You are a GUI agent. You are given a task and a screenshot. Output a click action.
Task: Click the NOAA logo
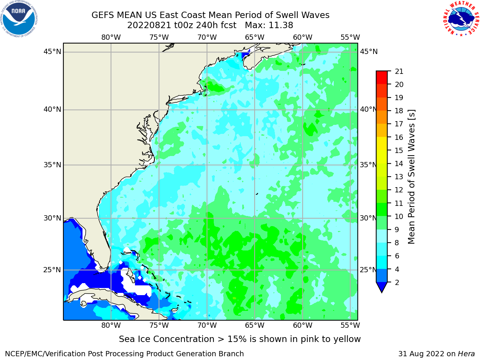pyautogui.click(x=19, y=19)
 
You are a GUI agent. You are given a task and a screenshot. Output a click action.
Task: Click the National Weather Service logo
pyautogui.click(x=461, y=19)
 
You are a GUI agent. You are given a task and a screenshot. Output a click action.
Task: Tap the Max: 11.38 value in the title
pyautogui.click(x=269, y=25)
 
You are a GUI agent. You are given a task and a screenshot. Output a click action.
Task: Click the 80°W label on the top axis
pyautogui.click(x=111, y=37)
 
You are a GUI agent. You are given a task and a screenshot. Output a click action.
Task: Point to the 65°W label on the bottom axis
pyautogui.click(x=255, y=325)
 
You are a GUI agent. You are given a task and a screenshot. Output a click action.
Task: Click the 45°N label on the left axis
pyautogui.click(x=52, y=52)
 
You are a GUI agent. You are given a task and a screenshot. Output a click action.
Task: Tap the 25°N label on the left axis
pyautogui.click(x=52, y=270)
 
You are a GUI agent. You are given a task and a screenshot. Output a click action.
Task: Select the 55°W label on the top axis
pyautogui.click(x=350, y=37)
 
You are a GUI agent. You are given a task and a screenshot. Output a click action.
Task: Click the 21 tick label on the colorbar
pyautogui.click(x=399, y=72)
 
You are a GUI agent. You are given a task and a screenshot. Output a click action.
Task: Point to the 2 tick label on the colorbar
pyautogui.click(x=397, y=282)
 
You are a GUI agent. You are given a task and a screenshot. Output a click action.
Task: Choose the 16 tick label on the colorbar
pyautogui.click(x=399, y=137)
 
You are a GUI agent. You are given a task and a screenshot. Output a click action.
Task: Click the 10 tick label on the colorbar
pyautogui.click(x=399, y=216)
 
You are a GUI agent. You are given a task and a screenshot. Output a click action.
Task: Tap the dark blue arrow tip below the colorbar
pyautogui.click(x=382, y=292)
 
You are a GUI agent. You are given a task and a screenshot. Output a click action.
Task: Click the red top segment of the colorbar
pyautogui.click(x=382, y=78)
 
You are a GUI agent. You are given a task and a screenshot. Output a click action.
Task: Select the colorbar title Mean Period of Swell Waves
pyautogui.click(x=411, y=177)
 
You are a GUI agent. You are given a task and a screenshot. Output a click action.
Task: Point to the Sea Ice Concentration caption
pyautogui.click(x=240, y=339)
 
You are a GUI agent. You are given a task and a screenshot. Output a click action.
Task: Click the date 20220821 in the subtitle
pyautogui.click(x=149, y=25)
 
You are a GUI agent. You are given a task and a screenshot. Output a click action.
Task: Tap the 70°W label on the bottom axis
pyautogui.click(x=207, y=325)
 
